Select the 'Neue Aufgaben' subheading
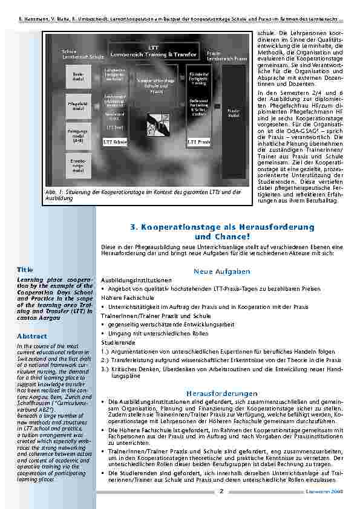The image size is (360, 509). click(222, 272)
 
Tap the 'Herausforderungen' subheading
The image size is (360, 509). click(222, 392)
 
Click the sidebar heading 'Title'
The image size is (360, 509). click(25, 270)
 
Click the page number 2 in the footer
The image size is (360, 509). click(221, 490)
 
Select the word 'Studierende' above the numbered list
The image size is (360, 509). click(118, 342)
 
